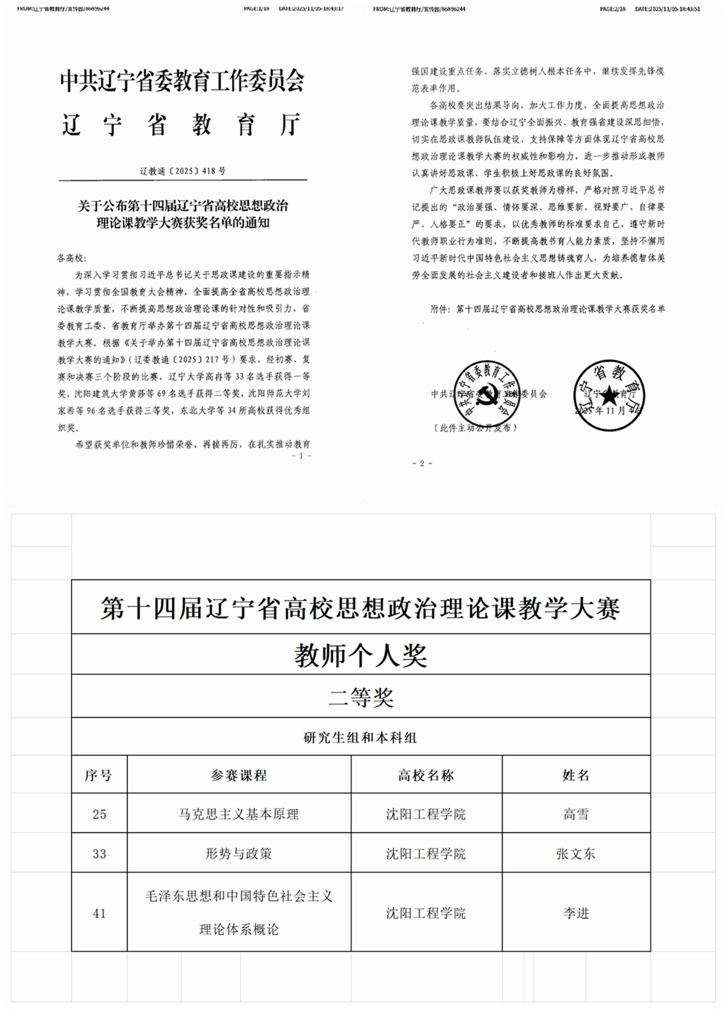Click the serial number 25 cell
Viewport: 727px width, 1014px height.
(x=99, y=814)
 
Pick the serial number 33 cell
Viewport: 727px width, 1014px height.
(x=99, y=853)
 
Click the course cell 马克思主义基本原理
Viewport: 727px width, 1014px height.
(x=239, y=814)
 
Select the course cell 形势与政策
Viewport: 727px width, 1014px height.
(x=239, y=853)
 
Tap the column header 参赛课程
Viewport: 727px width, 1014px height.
(x=239, y=775)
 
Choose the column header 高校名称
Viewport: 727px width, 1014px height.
(x=426, y=775)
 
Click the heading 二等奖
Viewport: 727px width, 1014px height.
(x=361, y=697)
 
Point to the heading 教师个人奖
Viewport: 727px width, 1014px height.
(x=361, y=656)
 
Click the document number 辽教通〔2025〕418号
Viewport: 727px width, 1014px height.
(x=183, y=171)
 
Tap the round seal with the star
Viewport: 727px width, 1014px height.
(x=608, y=395)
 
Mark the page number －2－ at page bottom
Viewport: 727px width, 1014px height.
(x=422, y=464)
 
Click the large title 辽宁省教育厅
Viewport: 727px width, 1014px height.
(x=181, y=124)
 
